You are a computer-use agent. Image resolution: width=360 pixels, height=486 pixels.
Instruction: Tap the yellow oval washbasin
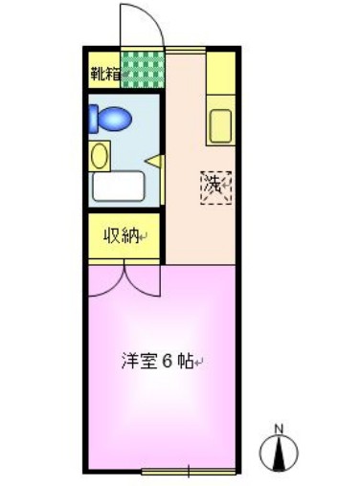(x=100, y=153)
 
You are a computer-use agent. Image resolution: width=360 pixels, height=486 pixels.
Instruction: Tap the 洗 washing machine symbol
(x=216, y=184)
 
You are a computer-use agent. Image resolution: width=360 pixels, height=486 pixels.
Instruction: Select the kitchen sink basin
(x=219, y=126)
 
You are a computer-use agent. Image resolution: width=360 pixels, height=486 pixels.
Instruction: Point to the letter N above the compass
(x=279, y=428)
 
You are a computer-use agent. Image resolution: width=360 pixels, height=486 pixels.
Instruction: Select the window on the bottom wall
(x=189, y=470)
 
